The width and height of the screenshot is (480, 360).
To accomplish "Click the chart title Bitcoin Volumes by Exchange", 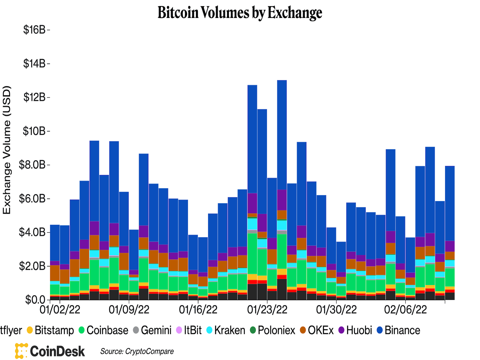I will coord(240,13).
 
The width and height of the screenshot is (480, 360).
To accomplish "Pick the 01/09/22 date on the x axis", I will coord(129,310).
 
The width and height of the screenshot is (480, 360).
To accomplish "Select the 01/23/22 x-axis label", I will coord(267,310).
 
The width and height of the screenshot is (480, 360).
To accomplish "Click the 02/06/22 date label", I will coord(405,310).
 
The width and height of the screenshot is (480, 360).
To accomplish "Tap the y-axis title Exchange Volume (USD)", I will coord(7,150).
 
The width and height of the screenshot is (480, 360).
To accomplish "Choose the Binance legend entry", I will coord(398,330).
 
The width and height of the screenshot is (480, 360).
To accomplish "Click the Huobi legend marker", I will coord(341,330).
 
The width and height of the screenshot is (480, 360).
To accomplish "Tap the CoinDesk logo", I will coord(50,351).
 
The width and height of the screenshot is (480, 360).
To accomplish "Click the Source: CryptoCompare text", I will coord(137,351).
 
